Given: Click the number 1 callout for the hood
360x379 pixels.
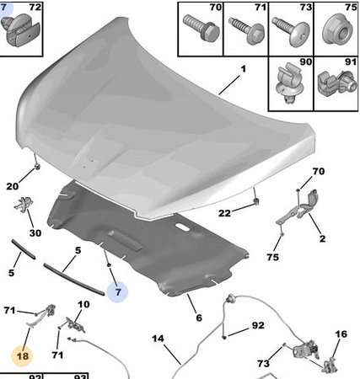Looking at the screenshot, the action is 244,69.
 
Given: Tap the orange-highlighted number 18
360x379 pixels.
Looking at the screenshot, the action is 23,356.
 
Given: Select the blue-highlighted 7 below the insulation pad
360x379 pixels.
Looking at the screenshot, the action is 118,292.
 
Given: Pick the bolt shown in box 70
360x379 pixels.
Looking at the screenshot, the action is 201,27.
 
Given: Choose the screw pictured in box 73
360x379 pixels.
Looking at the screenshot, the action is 290,30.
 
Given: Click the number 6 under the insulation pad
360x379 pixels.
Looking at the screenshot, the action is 199,318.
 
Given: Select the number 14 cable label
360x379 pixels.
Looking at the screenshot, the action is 158,339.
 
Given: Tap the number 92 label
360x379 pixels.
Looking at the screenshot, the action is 258,325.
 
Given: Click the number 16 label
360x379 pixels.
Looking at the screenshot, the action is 341,334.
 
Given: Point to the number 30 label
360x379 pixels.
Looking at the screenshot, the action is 35,233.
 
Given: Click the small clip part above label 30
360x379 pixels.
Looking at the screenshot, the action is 24,204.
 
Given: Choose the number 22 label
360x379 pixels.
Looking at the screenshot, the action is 224,213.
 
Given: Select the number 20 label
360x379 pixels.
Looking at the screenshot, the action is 13,186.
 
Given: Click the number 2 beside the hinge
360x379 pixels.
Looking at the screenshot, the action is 322,238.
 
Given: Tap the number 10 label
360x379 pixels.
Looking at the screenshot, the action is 83,304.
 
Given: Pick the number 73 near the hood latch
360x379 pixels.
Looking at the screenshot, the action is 263,364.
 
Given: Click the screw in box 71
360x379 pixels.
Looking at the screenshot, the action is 246,30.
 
